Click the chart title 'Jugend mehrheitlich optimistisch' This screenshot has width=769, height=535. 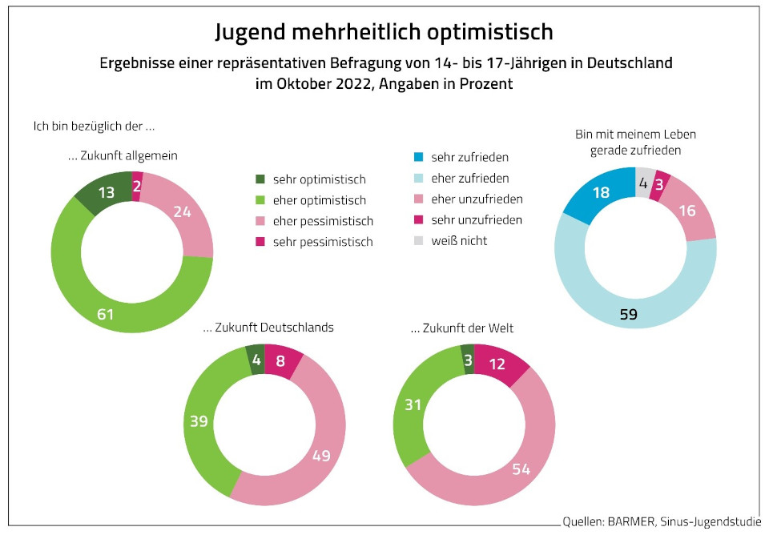pos(384,32)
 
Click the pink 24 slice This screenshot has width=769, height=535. pos(183,212)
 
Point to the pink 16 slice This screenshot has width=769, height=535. pos(688,210)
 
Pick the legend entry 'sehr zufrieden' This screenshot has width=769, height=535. pos(469,157)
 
